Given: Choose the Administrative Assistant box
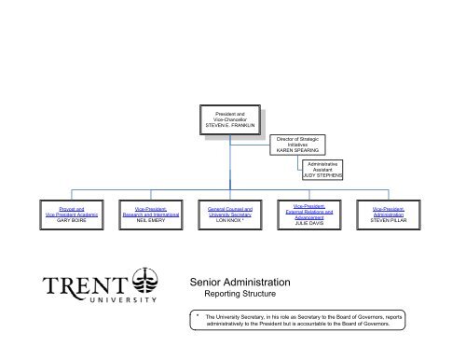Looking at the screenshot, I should coord(323,168).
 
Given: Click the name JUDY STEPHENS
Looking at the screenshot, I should coord(323,174).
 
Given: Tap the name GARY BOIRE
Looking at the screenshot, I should coord(67,222).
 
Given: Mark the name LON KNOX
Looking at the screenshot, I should coord(229,222).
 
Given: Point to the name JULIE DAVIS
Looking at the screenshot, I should coord(313,223).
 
